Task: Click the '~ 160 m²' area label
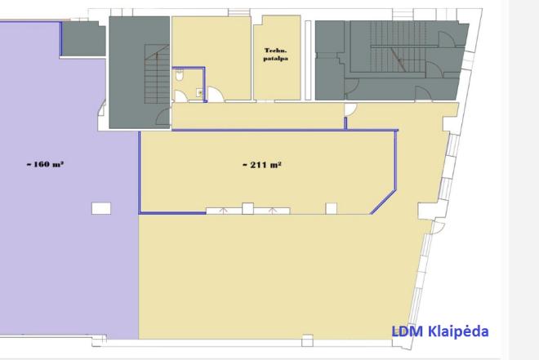pyautogui.click(x=45, y=164)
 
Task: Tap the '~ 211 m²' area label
pyautogui.click(x=262, y=165)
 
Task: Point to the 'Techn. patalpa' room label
pyautogui.click(x=276, y=55)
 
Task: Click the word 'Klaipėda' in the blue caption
pyautogui.click(x=458, y=331)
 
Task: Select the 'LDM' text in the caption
pyautogui.click(x=408, y=331)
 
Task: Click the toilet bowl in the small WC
pyautogui.click(x=180, y=74)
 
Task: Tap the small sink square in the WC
pyautogui.click(x=200, y=92)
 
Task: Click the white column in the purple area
pyautogui.click(x=101, y=208)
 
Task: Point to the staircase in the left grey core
pyautogui.click(x=157, y=74)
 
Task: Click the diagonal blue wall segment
pyautogui.click(x=383, y=202)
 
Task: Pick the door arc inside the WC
pyautogui.click(x=181, y=96)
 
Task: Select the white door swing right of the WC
pyautogui.click(x=216, y=94)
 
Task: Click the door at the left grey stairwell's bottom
pyautogui.click(x=163, y=116)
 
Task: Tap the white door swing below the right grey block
pyautogui.click(x=350, y=109)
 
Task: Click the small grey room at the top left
pyautogui.click(x=83, y=39)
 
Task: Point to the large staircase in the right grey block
pyautogui.click(x=398, y=47)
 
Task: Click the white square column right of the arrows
pyautogui.click(x=332, y=208)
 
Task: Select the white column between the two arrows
pyautogui.click(x=247, y=208)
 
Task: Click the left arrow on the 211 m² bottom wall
pyautogui.click(x=224, y=211)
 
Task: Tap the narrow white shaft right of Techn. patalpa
pyautogui.click(x=308, y=60)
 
